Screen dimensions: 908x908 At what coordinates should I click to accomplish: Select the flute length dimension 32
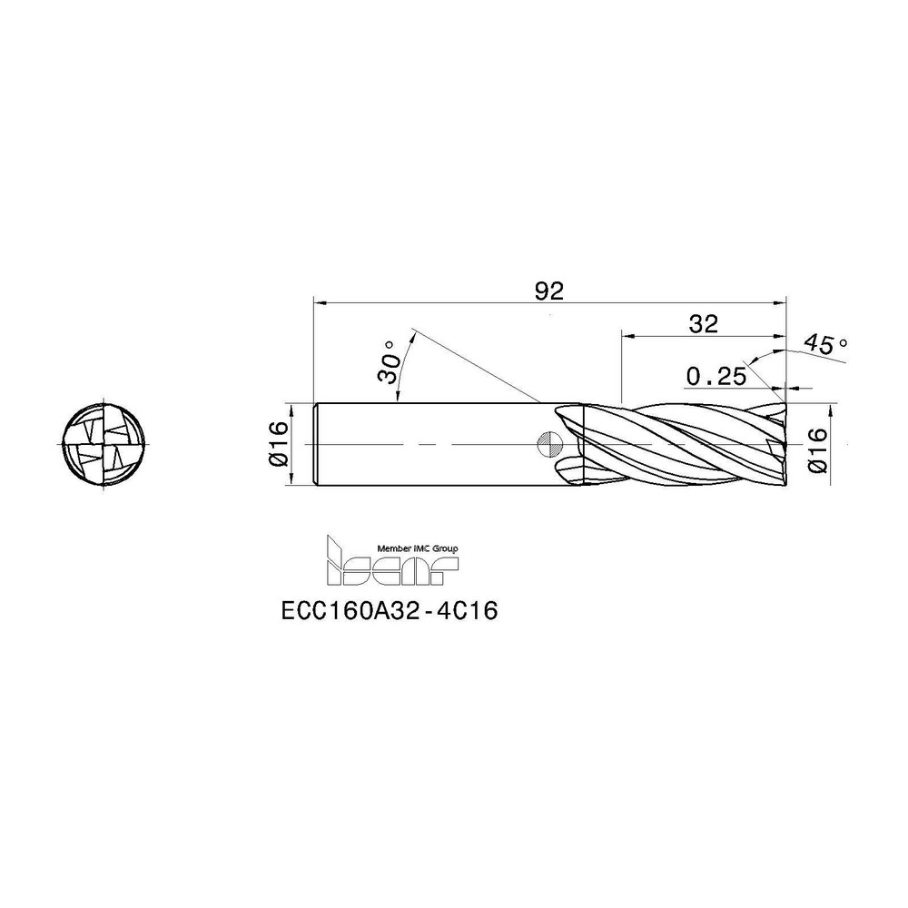pyautogui.click(x=704, y=323)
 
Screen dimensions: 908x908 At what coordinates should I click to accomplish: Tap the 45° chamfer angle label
pyautogui.click(x=824, y=345)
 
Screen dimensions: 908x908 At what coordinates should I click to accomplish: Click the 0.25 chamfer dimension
pyautogui.click(x=716, y=376)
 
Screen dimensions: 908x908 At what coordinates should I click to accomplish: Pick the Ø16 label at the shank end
pyautogui.click(x=277, y=444)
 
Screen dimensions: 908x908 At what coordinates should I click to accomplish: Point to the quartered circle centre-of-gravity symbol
pyautogui.click(x=549, y=445)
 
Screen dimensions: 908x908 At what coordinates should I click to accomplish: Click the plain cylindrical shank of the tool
pyautogui.click(x=427, y=444)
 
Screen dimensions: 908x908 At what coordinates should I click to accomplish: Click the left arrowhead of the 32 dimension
pyautogui.click(x=627, y=334)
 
